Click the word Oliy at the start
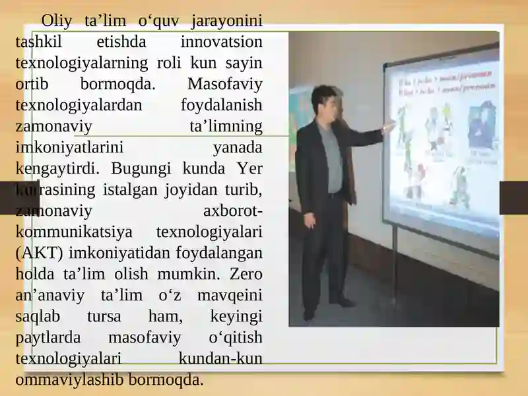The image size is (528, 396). pyautogui.click(x=57, y=20)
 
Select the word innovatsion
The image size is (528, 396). pyautogui.click(x=221, y=42)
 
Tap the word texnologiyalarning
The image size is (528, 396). pyautogui.click(x=79, y=63)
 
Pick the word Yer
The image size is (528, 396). pyautogui.click(x=249, y=168)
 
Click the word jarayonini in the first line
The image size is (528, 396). pyautogui.click(x=226, y=20)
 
